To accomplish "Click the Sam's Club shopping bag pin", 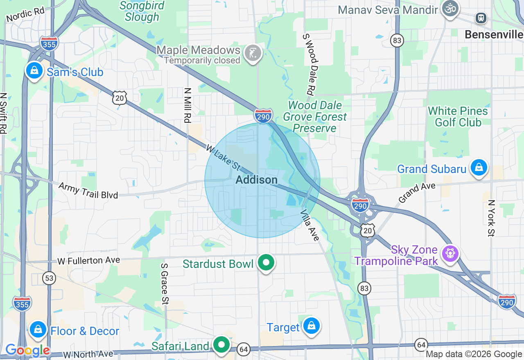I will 34,71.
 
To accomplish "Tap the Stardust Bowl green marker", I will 266,263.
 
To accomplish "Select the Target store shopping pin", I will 311,326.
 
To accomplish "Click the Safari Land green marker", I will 221,345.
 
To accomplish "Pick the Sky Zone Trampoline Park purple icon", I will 450,253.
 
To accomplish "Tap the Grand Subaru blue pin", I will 478,168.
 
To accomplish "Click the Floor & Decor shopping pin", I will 38,329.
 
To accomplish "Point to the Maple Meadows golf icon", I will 253,52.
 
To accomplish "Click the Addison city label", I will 257,180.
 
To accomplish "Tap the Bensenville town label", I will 494,34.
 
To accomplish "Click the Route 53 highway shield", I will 49,279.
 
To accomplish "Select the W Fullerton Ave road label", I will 88,260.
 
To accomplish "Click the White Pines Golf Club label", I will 458,117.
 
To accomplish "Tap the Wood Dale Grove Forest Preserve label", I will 315,117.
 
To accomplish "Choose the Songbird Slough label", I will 142,11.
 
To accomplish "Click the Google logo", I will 27,351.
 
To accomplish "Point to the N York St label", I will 491,218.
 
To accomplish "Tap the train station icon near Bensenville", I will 481,18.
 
